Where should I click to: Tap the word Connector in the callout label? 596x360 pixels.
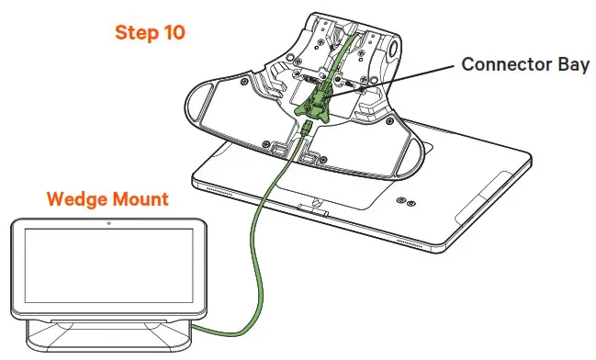[500, 65]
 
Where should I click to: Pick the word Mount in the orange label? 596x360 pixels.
[139, 199]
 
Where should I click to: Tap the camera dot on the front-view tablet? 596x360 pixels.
[109, 223]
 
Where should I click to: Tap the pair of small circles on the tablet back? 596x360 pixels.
[405, 203]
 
